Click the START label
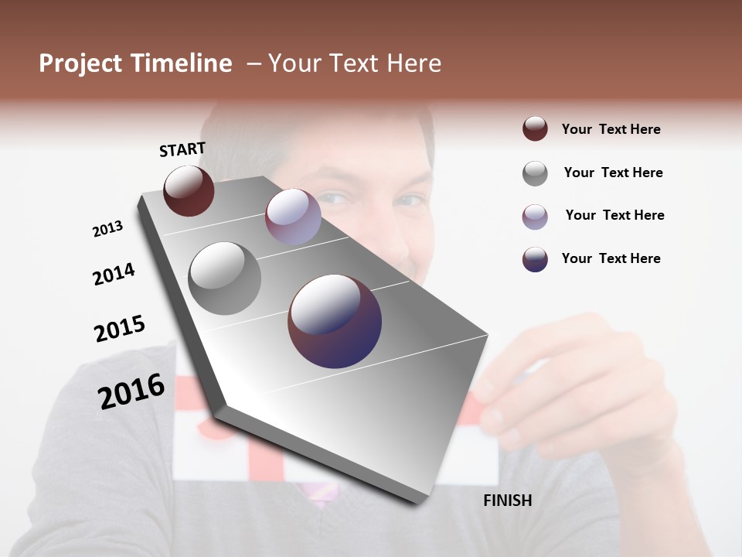click(182, 149)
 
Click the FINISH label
click(508, 501)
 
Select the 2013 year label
click(107, 229)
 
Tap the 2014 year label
click(114, 274)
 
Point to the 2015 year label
click(120, 329)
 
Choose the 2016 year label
click(131, 391)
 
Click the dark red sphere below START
click(189, 190)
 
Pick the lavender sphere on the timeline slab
click(293, 217)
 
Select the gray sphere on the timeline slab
click(224, 278)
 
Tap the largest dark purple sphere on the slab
click(335, 321)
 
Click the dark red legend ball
click(535, 128)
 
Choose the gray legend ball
click(535, 173)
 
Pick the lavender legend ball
click(535, 217)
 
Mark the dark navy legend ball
click(535, 259)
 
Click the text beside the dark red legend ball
click(611, 129)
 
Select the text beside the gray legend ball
click(613, 173)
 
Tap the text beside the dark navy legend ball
click(611, 258)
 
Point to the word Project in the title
click(81, 63)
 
